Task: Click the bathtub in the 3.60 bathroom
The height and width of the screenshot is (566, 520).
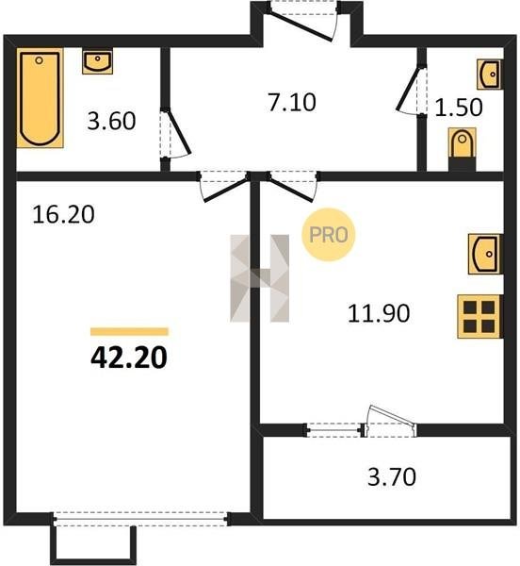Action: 40,98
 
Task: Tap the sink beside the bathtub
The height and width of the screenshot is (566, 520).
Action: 97,61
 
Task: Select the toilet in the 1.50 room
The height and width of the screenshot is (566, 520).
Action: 462,145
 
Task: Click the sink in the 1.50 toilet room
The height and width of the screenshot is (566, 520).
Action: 489,74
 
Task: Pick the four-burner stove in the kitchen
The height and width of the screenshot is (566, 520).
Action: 479,317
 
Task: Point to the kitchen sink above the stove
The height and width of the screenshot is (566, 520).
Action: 485,254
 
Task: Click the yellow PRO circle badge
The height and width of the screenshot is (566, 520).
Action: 328,235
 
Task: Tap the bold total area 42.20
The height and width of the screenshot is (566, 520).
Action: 129,358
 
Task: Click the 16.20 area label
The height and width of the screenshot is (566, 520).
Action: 63,214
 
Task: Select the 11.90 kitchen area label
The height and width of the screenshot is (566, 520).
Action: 379,313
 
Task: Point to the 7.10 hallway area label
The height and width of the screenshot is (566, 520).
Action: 292,102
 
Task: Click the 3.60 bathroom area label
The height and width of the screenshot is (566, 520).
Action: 111,121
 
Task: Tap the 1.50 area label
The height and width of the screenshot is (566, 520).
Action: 459,108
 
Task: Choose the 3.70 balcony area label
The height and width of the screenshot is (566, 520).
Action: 392,476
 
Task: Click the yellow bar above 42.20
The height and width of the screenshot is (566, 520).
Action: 129,331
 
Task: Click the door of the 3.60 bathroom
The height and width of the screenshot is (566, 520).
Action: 175,134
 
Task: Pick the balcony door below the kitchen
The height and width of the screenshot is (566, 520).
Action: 391,421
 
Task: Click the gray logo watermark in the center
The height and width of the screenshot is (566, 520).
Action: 259,278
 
